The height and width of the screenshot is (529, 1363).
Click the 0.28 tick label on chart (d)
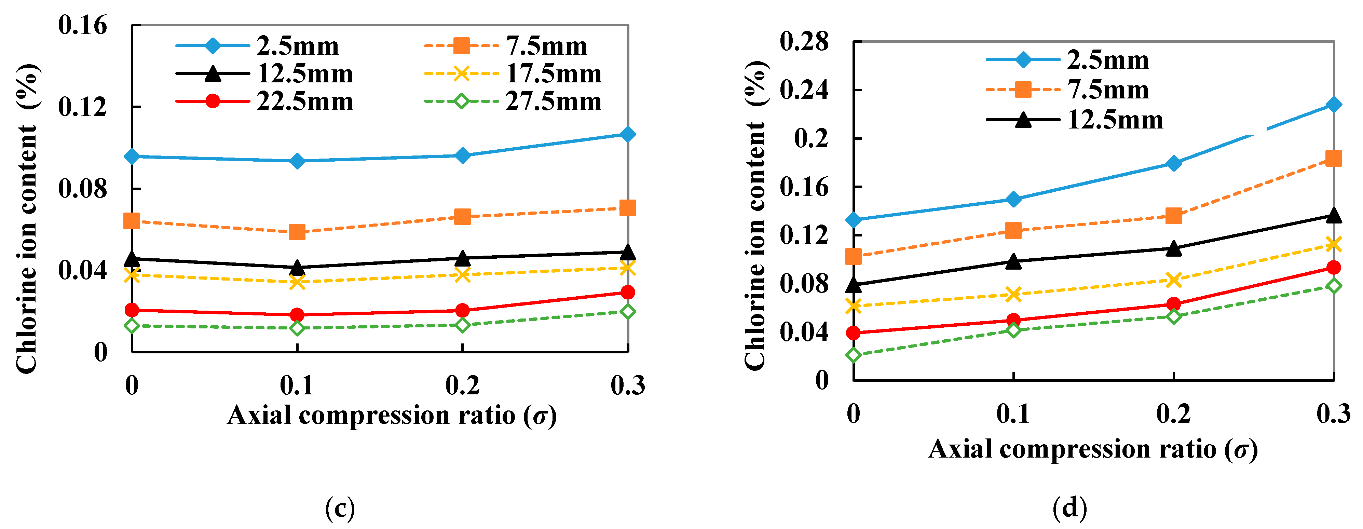[x=804, y=41]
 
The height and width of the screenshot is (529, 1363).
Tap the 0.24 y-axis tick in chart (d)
[x=804, y=90]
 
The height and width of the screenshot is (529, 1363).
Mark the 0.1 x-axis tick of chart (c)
[x=297, y=385]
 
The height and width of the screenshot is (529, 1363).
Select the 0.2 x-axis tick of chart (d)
[x=1173, y=414]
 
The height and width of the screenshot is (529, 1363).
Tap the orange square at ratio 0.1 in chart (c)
[x=297, y=232]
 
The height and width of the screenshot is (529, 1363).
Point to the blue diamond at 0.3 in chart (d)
[x=1333, y=104]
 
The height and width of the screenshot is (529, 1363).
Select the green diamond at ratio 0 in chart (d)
[x=853, y=355]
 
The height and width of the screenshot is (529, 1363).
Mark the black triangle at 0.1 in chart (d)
[x=1013, y=261]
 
